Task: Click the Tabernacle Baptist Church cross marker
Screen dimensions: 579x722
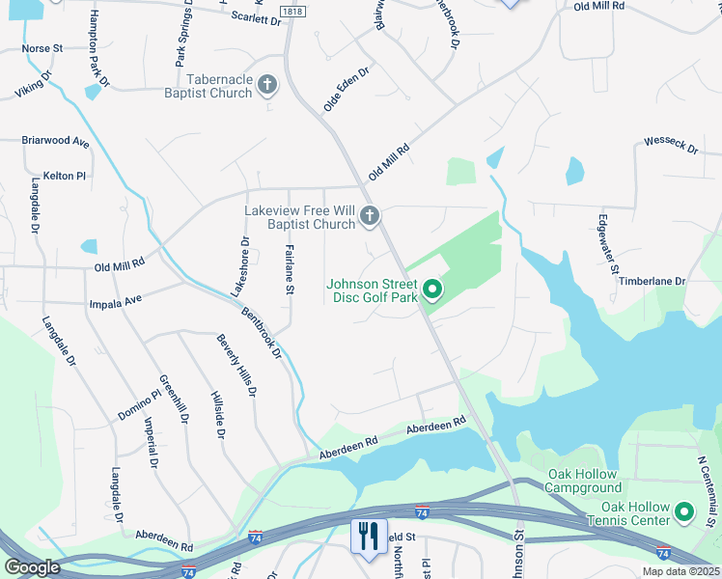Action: [x=267, y=86]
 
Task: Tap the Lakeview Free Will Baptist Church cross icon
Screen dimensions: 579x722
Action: [x=370, y=218]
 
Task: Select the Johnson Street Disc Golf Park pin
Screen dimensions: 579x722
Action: [x=433, y=289]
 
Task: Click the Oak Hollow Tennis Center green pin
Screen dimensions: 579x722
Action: [x=685, y=511]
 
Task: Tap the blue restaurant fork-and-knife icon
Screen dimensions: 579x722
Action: [x=367, y=537]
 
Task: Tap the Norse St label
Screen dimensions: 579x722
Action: [x=42, y=47]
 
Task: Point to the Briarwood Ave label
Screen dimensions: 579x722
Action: [x=55, y=141]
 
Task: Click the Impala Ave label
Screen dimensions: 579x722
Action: [x=114, y=300]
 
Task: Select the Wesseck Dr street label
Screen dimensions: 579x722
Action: [x=671, y=146]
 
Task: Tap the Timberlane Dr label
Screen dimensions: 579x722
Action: [x=652, y=281]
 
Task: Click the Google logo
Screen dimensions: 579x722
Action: [x=32, y=567]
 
